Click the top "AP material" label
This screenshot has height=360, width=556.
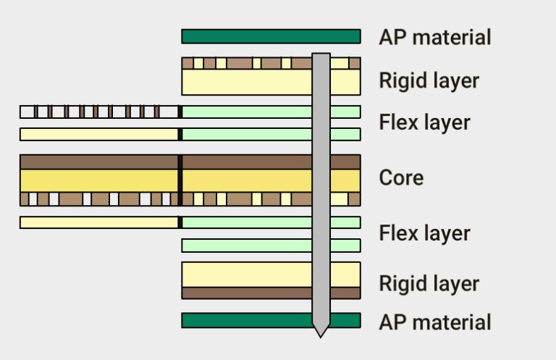(434, 37)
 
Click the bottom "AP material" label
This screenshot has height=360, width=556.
(434, 322)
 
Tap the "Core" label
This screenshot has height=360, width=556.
(401, 177)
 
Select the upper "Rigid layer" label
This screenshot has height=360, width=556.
(429, 80)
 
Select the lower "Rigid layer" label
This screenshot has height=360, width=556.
(429, 283)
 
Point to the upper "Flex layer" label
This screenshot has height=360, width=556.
(424, 122)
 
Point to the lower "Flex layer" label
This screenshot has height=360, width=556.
(424, 233)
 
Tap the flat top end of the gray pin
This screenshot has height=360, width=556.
(321, 55)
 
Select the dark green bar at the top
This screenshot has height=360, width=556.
(246, 36)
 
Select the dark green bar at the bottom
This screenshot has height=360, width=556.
(246, 320)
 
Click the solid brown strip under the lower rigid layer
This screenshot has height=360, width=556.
(246, 293)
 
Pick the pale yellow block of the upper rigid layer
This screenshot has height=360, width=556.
(246, 82)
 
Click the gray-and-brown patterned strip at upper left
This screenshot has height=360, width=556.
(99, 112)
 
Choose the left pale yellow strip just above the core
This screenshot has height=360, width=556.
(99, 134)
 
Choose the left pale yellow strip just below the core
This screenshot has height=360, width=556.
(99, 222)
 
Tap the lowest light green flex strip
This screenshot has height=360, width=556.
(246, 246)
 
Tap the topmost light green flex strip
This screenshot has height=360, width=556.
(246, 112)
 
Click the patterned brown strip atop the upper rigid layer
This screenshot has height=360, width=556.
(246, 63)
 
